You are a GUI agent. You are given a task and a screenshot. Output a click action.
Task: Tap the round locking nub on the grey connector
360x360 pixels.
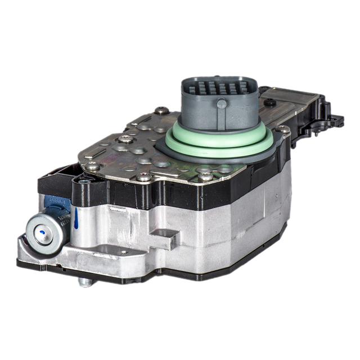click(x=222, y=103)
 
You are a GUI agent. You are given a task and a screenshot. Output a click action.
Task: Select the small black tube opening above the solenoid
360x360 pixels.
click(x=84, y=181)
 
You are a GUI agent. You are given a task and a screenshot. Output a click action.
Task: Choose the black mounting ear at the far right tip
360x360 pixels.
click(x=336, y=119)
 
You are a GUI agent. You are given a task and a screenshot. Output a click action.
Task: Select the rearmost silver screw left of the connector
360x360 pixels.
click(x=161, y=111)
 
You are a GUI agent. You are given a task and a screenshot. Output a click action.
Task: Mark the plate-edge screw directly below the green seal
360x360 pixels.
click(x=206, y=175)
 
